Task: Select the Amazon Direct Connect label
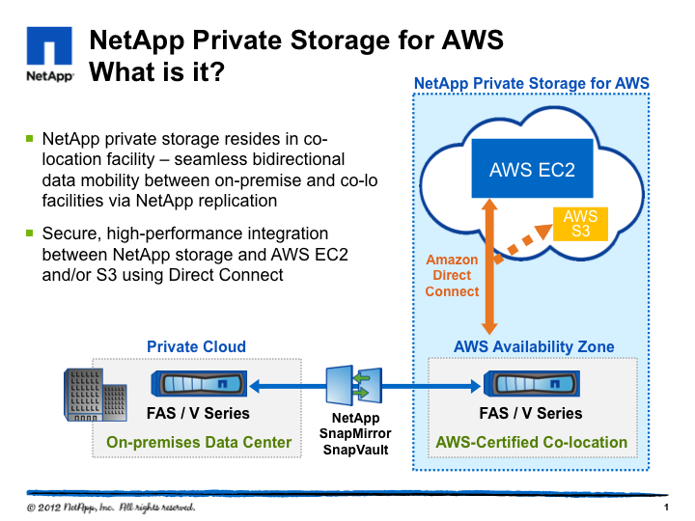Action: pos(452,275)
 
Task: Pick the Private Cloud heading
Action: pos(196,346)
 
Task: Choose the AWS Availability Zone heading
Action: pos(534,346)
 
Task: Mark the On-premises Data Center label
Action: pos(199,443)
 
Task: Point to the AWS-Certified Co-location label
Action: pos(533,443)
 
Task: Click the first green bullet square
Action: pos(30,139)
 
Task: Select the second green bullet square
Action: pos(30,233)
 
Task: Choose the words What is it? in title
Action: pos(157,72)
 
